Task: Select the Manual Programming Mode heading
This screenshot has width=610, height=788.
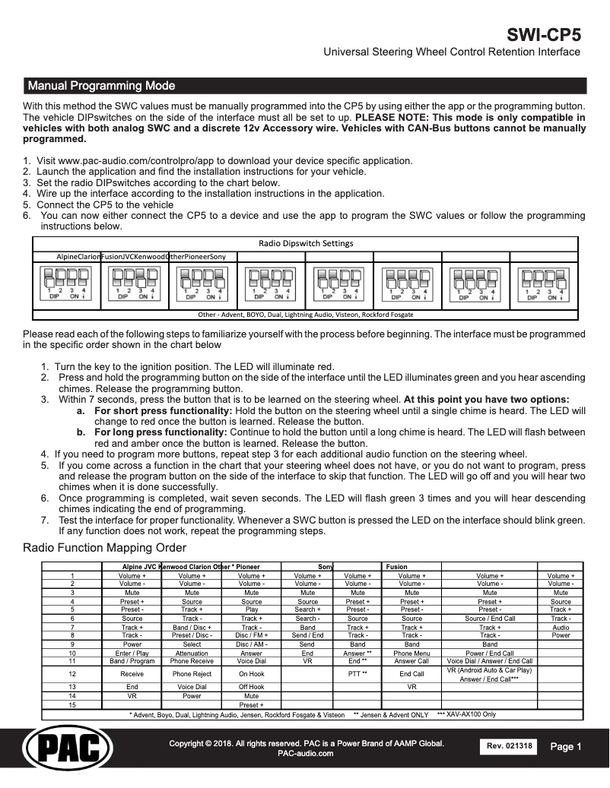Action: pos(100,85)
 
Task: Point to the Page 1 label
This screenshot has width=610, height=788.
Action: pos(566,747)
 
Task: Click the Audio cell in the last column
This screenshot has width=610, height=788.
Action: pos(561,628)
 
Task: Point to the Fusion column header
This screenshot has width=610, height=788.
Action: pos(396,567)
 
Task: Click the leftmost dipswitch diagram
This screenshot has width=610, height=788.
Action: pos(66,286)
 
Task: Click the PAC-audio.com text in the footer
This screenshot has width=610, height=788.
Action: pos(306,753)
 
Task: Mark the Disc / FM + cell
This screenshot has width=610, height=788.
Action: pos(251,635)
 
